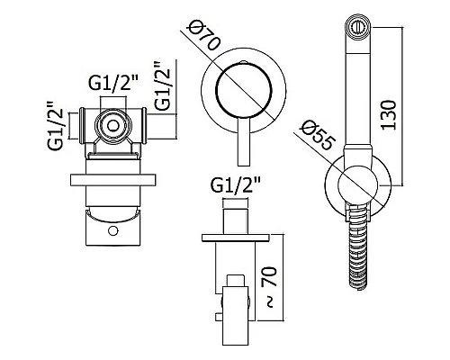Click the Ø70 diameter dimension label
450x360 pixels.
click(203, 37)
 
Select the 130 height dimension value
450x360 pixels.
click(389, 115)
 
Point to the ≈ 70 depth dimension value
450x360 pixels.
click(270, 286)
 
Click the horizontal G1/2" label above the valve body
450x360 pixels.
click(113, 82)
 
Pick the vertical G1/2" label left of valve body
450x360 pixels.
click(55, 125)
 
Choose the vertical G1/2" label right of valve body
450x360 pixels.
click(162, 85)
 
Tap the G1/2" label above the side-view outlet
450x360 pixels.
click(236, 185)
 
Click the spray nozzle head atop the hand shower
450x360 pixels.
click(358, 28)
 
